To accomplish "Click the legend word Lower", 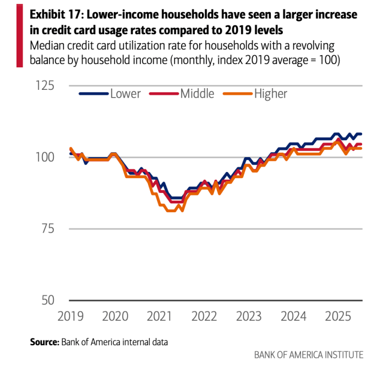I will click(x=125, y=94).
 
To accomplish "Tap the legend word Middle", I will click(x=197, y=94).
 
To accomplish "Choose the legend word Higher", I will click(x=270, y=94).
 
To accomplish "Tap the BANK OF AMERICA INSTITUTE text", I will click(x=308, y=355).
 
